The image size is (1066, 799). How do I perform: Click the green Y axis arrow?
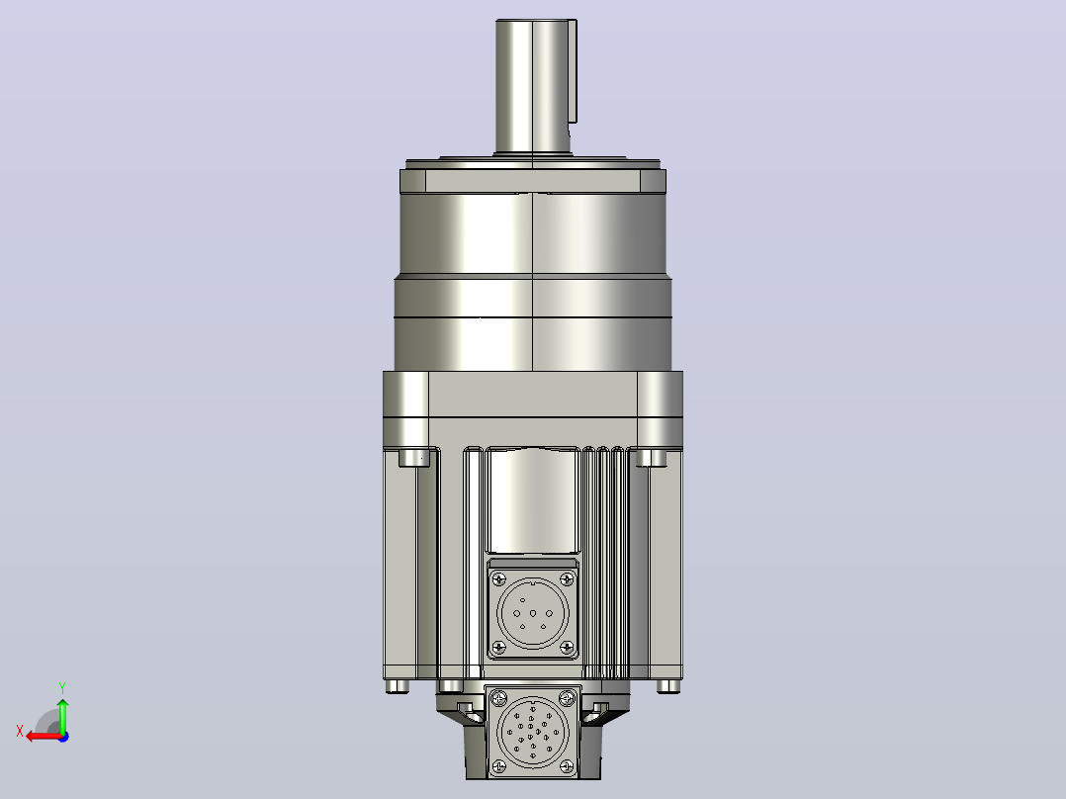62,714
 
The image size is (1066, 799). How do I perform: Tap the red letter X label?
20,731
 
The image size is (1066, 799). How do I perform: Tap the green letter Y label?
62,688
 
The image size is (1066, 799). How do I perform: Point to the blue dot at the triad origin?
63,737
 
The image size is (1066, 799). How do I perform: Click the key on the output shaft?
574,71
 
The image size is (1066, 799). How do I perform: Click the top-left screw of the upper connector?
499,579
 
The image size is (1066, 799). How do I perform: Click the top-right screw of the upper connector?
566,579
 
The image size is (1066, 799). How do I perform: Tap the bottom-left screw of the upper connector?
499,647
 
